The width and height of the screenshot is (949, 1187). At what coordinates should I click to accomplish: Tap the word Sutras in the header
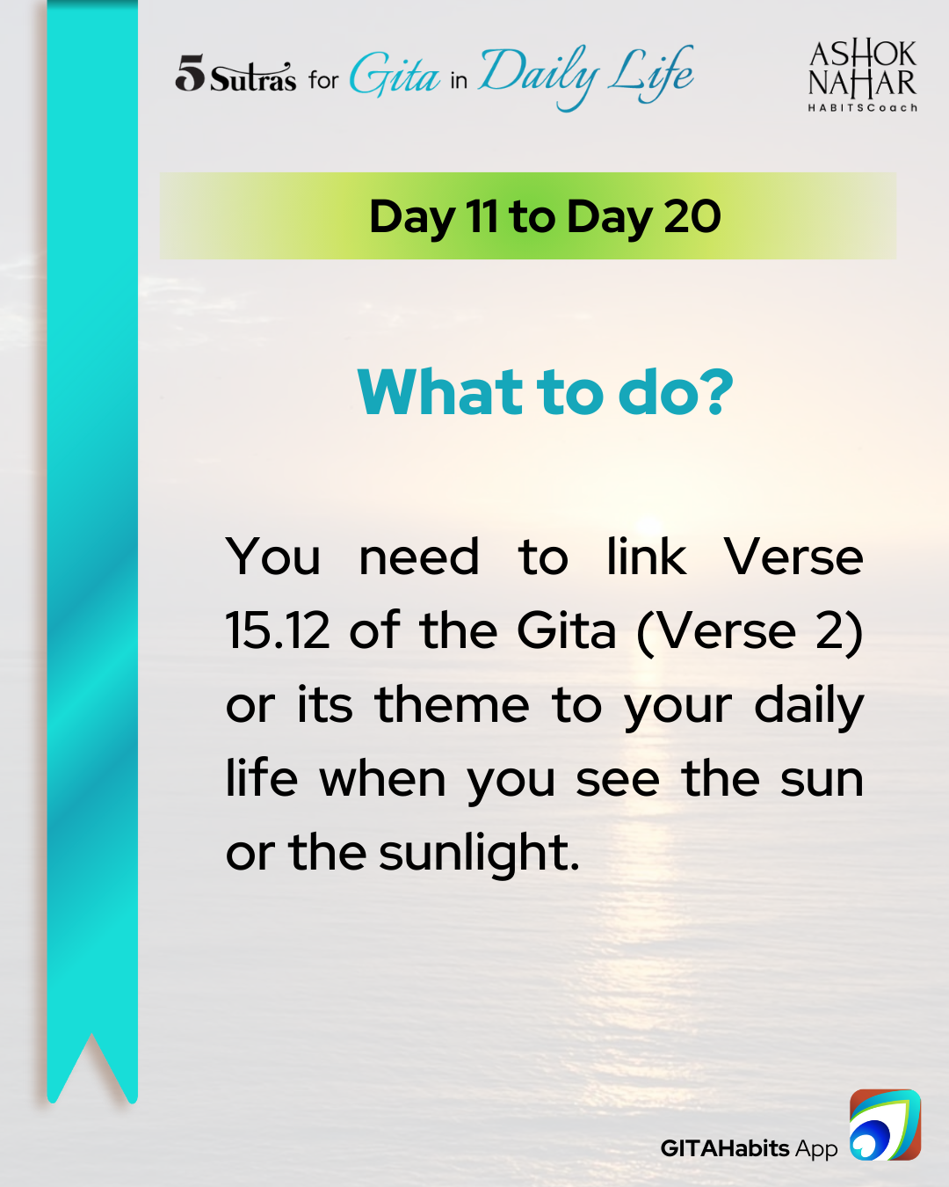(253, 77)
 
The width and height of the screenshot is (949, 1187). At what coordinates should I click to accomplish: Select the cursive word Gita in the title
(395, 75)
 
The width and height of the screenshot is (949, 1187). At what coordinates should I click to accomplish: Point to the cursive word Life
(650, 75)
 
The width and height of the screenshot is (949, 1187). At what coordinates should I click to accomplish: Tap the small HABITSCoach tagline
(862, 107)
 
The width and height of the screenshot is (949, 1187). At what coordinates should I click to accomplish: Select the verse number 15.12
(278, 631)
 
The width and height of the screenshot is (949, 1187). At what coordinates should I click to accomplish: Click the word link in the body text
(646, 556)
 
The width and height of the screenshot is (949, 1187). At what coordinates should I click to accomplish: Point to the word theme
(453, 705)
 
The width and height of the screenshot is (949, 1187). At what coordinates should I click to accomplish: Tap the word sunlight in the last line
(479, 856)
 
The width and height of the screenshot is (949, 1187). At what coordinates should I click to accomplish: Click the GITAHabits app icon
(885, 1125)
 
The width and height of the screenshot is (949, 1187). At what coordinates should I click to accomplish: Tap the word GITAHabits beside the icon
(725, 1148)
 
